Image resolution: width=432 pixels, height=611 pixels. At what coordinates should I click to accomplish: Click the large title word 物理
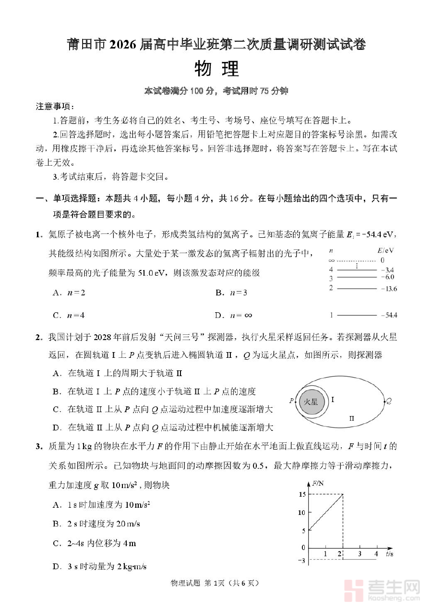tap(216, 69)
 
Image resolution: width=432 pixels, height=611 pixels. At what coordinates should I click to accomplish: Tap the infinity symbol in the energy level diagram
tap(331, 260)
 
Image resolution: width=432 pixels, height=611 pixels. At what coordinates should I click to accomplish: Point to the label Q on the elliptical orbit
tap(389, 401)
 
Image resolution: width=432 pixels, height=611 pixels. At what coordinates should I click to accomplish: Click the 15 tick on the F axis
tap(301, 494)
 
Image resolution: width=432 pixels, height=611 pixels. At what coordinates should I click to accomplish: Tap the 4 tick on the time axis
tap(376, 554)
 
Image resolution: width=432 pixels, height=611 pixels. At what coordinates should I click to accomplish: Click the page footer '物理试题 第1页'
tap(215, 583)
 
